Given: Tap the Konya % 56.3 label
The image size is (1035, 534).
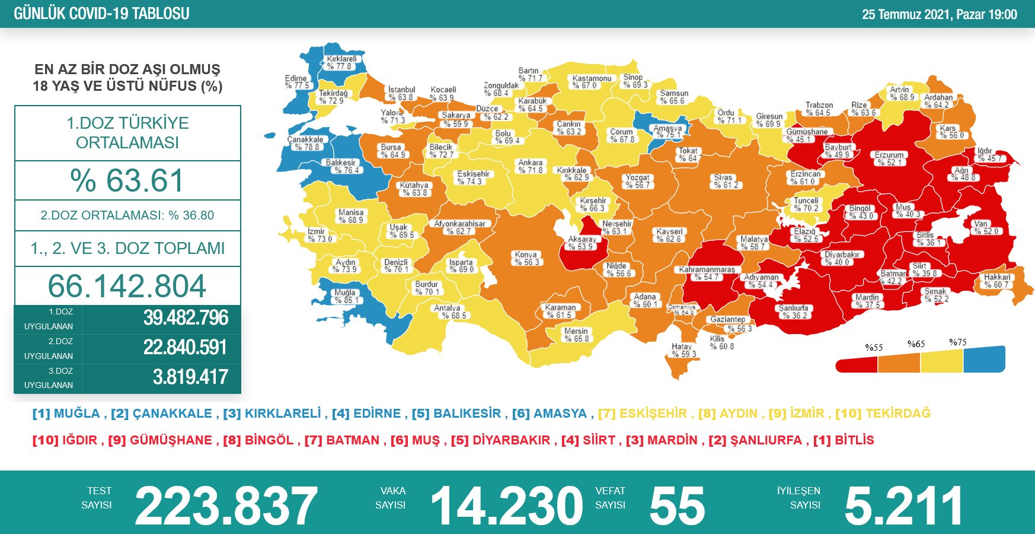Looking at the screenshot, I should [x=526, y=258].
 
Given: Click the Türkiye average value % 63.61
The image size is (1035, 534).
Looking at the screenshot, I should [x=127, y=180].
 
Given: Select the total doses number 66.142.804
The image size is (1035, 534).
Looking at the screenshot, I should [x=127, y=286].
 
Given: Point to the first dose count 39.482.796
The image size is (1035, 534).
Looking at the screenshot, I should [x=186, y=318].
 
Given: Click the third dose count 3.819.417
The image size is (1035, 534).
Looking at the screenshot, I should [x=190, y=377].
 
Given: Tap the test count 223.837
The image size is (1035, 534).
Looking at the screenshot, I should [x=226, y=506].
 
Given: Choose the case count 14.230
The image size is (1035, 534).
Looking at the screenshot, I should [x=507, y=506].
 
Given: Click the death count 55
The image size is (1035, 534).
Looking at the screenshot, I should [x=677, y=506].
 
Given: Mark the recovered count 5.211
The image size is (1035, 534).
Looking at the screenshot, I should [x=903, y=506].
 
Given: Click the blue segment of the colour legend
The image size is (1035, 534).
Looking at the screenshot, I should [x=984, y=360].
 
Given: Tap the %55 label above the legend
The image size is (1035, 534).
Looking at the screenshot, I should [x=874, y=348].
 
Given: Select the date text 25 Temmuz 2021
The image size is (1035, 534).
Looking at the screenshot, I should [x=906, y=14].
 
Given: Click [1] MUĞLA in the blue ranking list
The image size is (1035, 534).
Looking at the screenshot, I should [x=66, y=414].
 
